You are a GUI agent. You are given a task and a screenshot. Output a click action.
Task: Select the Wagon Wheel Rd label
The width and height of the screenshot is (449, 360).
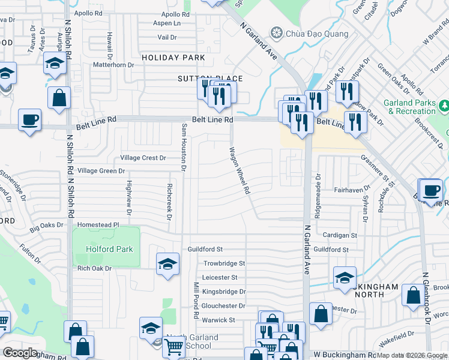[x=239, y=171]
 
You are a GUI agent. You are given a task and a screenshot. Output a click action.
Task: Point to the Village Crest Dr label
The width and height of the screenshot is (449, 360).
[x=143, y=158]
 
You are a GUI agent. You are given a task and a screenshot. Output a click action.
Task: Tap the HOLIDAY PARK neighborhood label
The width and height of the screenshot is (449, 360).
[x=173, y=58]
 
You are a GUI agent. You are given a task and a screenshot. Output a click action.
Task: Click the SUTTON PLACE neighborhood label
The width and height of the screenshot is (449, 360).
[x=209, y=79]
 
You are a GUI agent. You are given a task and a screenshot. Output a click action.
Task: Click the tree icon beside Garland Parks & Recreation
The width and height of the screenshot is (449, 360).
[x=445, y=107]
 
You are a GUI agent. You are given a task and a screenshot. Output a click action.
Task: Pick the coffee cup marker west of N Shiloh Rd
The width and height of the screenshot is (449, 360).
[x=30, y=120]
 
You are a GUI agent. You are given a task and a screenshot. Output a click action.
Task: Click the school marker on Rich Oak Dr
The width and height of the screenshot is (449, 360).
[x=167, y=263]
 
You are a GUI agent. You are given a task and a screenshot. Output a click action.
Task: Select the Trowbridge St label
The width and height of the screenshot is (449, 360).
[x=224, y=263]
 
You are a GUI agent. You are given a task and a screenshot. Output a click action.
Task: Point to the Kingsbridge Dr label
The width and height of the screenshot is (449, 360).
[x=224, y=292]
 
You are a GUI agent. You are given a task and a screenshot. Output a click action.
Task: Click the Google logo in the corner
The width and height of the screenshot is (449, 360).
[x=20, y=353]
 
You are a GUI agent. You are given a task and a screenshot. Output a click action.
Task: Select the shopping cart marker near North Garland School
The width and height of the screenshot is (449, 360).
[x=174, y=346]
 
